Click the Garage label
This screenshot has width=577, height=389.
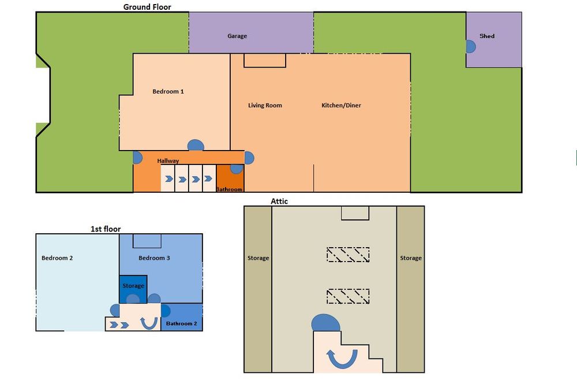click(x=237, y=36)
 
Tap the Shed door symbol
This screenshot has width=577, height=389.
click(x=471, y=47)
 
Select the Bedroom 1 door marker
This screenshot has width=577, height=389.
click(x=196, y=145)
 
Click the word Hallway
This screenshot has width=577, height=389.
click(x=168, y=160)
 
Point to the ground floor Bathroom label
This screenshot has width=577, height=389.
click(x=229, y=189)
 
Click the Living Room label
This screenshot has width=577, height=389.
click(x=265, y=105)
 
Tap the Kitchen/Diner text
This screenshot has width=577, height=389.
click(x=341, y=105)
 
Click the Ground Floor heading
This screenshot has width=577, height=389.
click(x=147, y=6)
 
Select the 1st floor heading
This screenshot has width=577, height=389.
click(x=106, y=229)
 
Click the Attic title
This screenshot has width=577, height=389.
click(x=279, y=201)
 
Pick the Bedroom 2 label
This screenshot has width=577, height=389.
click(x=57, y=258)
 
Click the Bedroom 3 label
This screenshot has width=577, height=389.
click(x=154, y=258)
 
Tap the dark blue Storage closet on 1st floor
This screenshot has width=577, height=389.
click(x=133, y=289)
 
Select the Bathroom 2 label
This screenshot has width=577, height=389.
click(x=181, y=323)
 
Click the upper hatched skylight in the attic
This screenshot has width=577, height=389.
click(x=348, y=255)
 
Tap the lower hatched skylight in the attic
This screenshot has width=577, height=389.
click(x=348, y=297)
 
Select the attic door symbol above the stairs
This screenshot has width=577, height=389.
click(x=325, y=323)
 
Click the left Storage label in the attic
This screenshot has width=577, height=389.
click(x=258, y=258)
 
